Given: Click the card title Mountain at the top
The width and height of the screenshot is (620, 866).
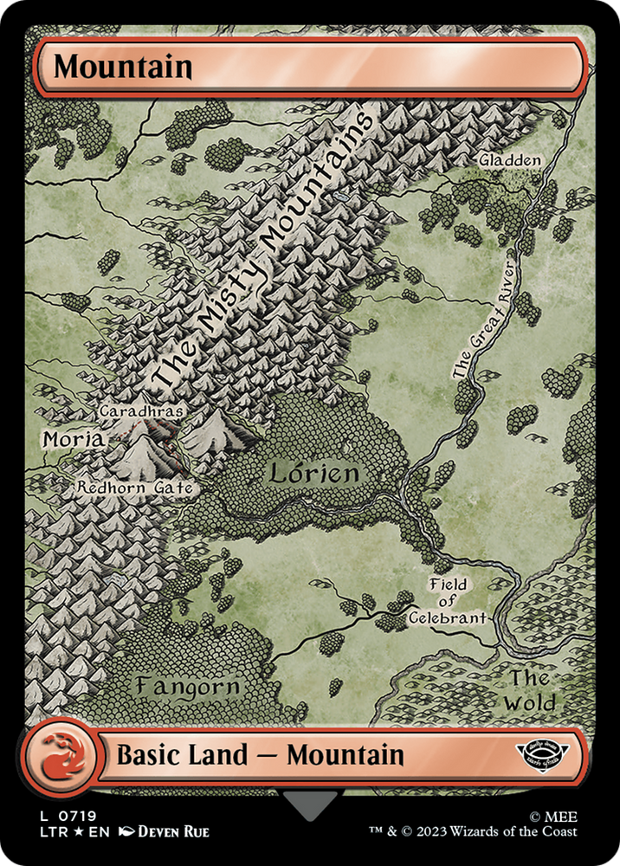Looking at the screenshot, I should pyautogui.click(x=122, y=67).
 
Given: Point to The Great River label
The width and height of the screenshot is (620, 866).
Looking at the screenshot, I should pyautogui.click(x=485, y=314).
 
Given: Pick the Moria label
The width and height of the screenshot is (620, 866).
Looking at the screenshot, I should pyautogui.click(x=73, y=440).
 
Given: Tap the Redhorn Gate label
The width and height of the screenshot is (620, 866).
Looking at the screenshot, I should pyautogui.click(x=133, y=488).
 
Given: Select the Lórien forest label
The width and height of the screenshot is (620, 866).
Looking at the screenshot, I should pyautogui.click(x=313, y=474).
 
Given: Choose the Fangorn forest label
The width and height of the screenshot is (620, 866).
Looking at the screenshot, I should pyautogui.click(x=187, y=686).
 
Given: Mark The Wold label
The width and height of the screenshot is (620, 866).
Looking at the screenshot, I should pyautogui.click(x=530, y=689).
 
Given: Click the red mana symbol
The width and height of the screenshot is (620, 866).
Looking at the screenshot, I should pyautogui.click(x=58, y=755).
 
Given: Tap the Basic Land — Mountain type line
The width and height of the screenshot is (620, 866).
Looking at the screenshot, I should pyautogui.click(x=260, y=755).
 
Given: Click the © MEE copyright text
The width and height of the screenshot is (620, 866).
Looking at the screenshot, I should pyautogui.click(x=570, y=816).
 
